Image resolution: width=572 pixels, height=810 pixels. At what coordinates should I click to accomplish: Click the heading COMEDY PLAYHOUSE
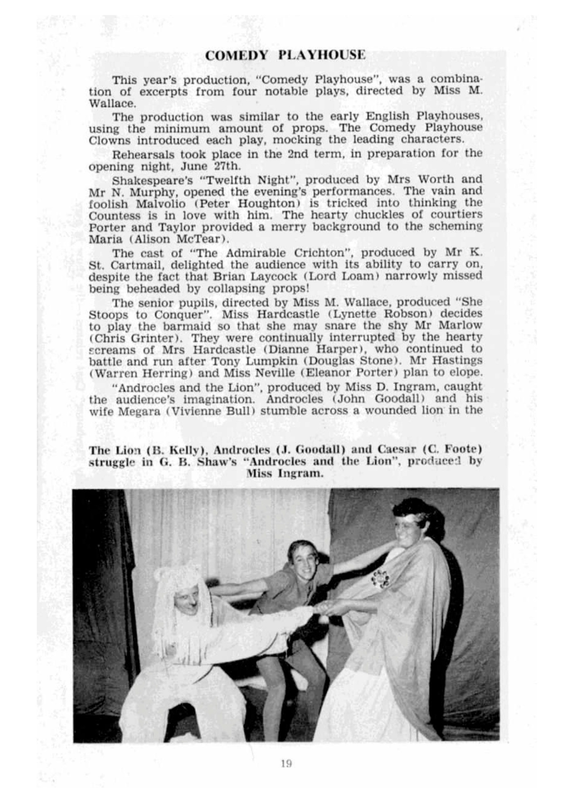pyautogui.click(x=285, y=55)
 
